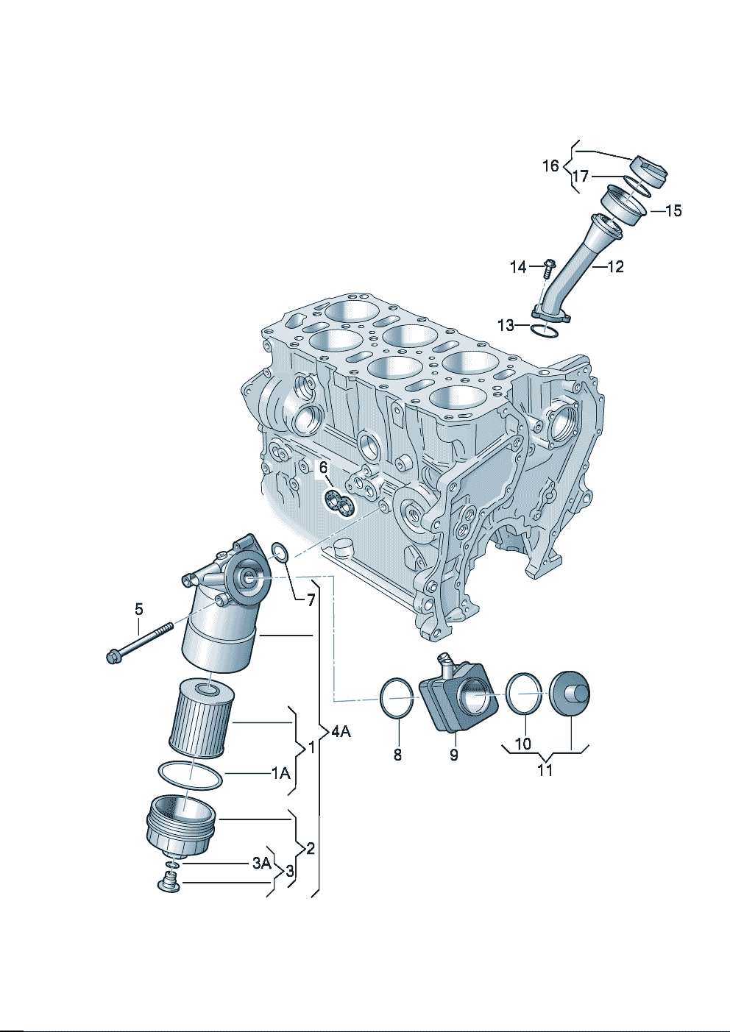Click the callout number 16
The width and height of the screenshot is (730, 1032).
click(550, 166)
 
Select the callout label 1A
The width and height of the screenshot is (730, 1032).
click(280, 773)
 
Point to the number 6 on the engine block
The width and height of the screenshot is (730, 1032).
click(323, 468)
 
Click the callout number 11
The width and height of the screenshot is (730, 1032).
click(545, 769)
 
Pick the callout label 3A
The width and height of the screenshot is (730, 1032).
click(262, 863)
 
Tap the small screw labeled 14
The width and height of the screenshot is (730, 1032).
click(550, 267)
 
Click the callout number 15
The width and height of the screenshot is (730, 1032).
click(673, 210)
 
